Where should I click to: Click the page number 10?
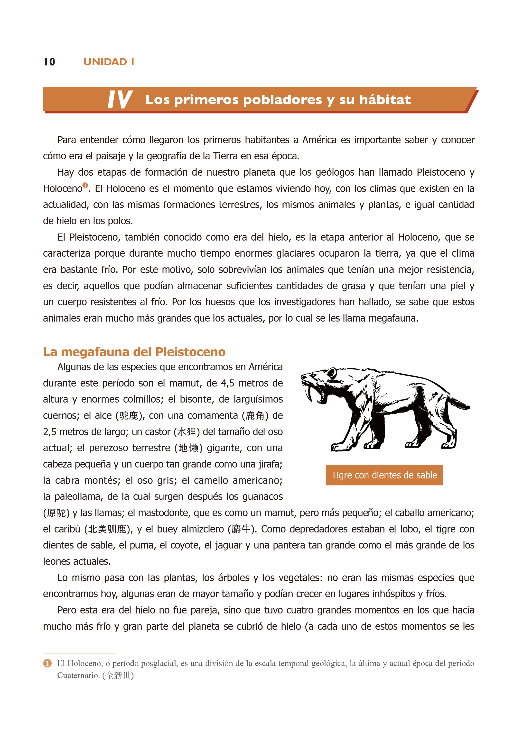(x=50, y=62)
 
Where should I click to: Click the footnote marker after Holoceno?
(x=85, y=185)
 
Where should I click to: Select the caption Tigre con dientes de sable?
(x=384, y=475)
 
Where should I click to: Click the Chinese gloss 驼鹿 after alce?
(x=129, y=415)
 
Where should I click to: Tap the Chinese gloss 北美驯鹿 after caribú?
(x=107, y=529)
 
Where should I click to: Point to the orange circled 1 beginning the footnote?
(x=47, y=663)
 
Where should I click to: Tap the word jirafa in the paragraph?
(x=269, y=464)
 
